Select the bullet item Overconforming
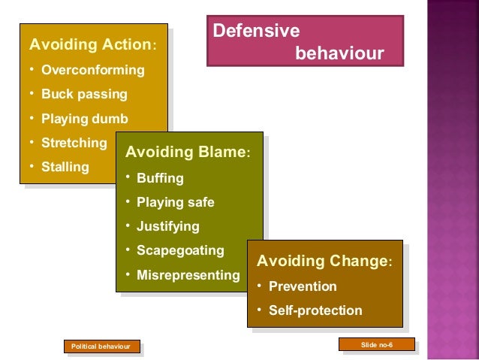[92, 71]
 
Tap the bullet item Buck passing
[84, 95]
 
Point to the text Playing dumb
[84, 119]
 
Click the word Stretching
[74, 143]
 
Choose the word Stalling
[65, 166]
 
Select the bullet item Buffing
[159, 179]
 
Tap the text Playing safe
[175, 202]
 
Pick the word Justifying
[167, 226]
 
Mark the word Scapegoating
[180, 250]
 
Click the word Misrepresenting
[188, 275]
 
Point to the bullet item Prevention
[303, 286]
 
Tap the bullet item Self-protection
[315, 310]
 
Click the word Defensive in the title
[257, 32]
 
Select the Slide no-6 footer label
[377, 344]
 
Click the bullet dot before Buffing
[128, 178]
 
